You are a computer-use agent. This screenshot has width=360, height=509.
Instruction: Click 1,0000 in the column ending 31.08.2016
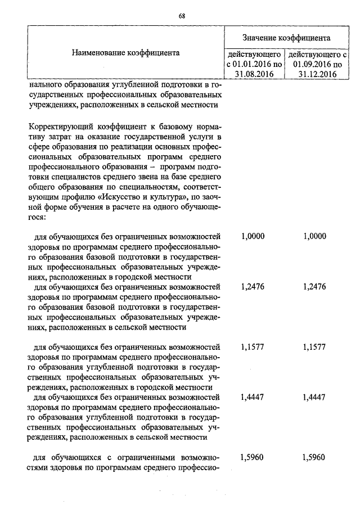point(253,236)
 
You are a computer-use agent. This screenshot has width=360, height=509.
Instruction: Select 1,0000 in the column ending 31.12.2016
point(314,236)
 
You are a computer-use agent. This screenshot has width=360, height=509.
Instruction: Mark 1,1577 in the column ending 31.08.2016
point(253,347)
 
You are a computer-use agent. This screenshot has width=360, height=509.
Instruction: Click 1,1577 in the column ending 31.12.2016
point(314,347)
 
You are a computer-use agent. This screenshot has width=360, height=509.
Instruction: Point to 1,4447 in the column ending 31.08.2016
point(253,397)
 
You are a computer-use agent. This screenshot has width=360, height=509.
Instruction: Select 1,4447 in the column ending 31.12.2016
point(314,397)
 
